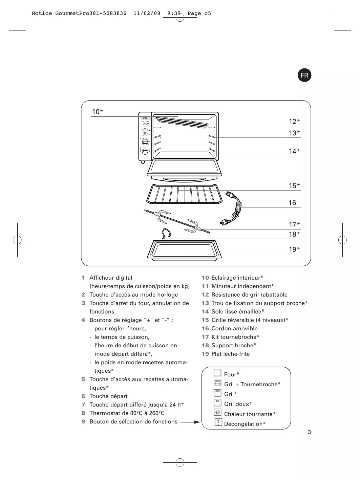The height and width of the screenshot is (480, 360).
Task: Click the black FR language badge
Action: pos(304,75)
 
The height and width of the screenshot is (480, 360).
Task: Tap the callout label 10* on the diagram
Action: pos(98,112)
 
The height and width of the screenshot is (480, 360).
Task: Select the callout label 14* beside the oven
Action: pos(294,151)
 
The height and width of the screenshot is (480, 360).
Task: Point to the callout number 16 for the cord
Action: pos(292,203)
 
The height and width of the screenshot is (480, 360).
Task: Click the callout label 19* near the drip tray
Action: pos(294,249)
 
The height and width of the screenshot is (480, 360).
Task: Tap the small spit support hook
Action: pos(166,234)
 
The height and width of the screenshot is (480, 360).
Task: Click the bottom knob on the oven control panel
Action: pos(145,152)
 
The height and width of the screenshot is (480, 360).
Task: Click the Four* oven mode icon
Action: pos(217,373)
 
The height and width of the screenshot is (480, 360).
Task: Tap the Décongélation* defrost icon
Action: pos(218,422)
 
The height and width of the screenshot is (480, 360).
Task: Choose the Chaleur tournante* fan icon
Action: pos(218,412)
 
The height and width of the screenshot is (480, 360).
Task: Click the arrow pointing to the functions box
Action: pos(190,422)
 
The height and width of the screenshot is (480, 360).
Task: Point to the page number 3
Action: pos(309,432)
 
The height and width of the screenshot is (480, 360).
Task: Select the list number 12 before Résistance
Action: pos(205,295)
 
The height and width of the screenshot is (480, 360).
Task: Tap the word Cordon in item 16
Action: pos(222,329)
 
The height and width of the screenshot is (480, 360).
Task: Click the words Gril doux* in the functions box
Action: pos(238,404)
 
